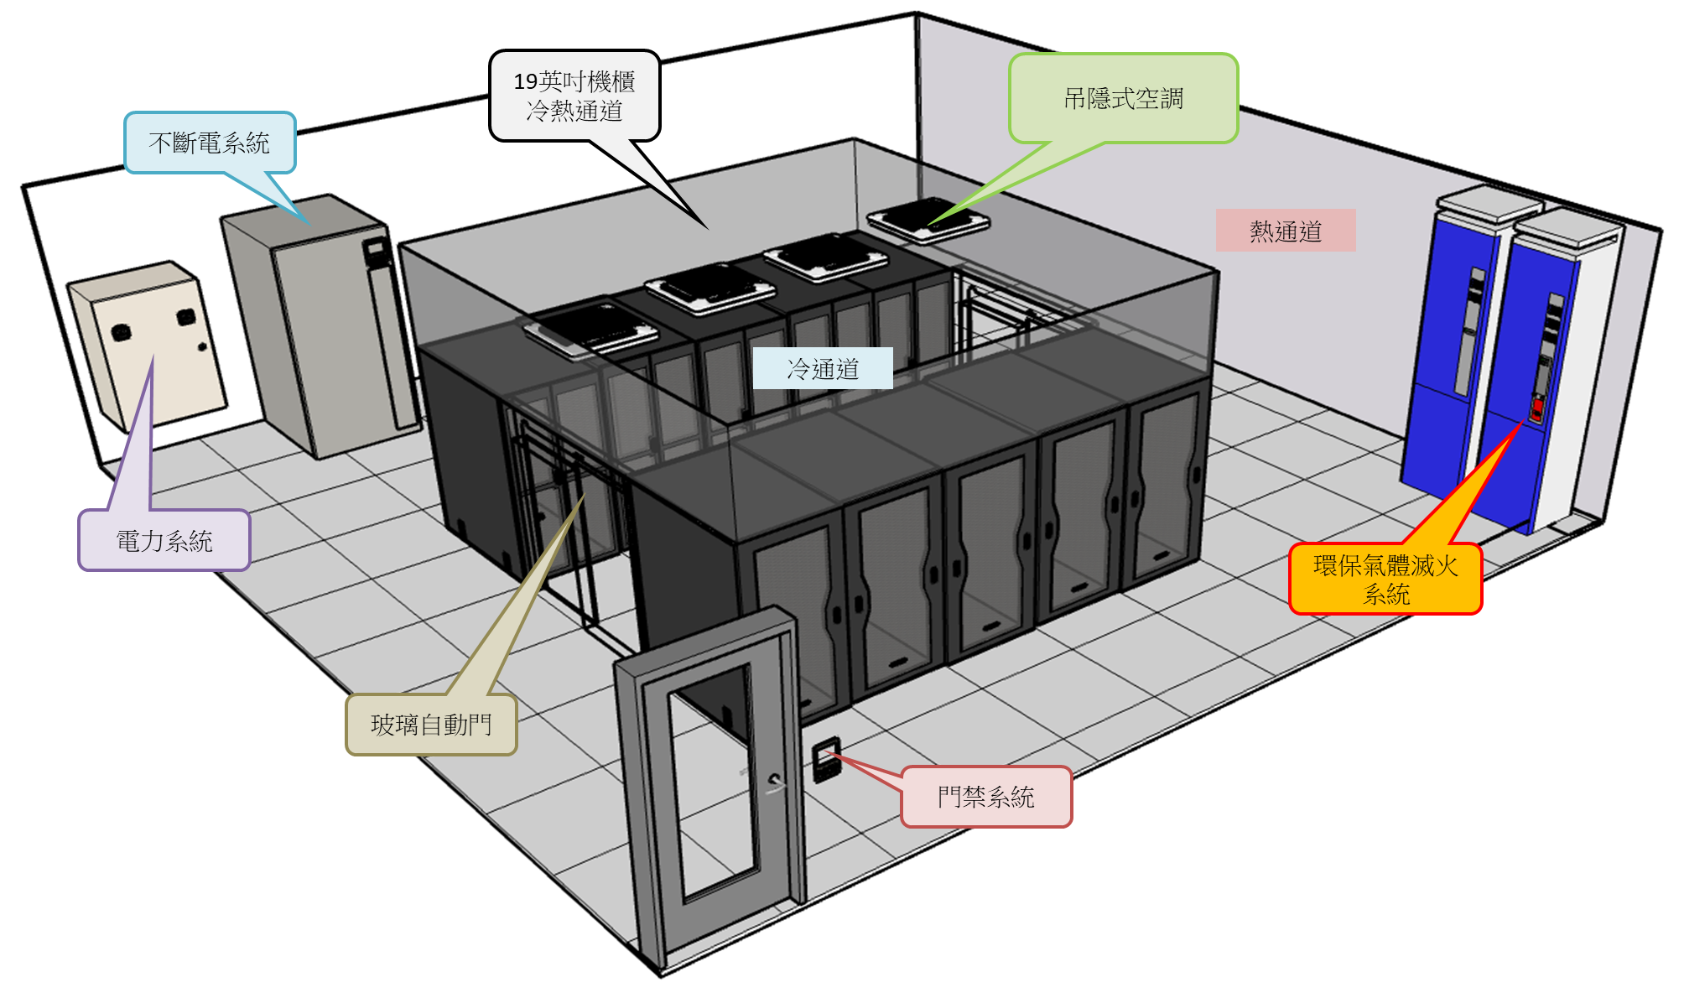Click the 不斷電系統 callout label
pos(210,143)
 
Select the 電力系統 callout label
pos(164,541)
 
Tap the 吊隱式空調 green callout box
pos(1123,99)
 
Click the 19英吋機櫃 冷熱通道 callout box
pos(574,96)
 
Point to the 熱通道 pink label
pos(1285,231)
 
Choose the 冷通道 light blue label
pos(823,368)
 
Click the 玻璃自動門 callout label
pos(431,725)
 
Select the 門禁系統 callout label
pos(986,797)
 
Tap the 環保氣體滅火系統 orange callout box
pos(1385,580)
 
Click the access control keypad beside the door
pos(826,759)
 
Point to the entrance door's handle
pos(776,782)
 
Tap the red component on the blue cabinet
pos(1536,408)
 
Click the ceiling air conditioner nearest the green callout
pos(928,219)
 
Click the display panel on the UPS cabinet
pos(374,249)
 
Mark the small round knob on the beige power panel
pos(201,346)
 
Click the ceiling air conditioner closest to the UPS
pos(591,329)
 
